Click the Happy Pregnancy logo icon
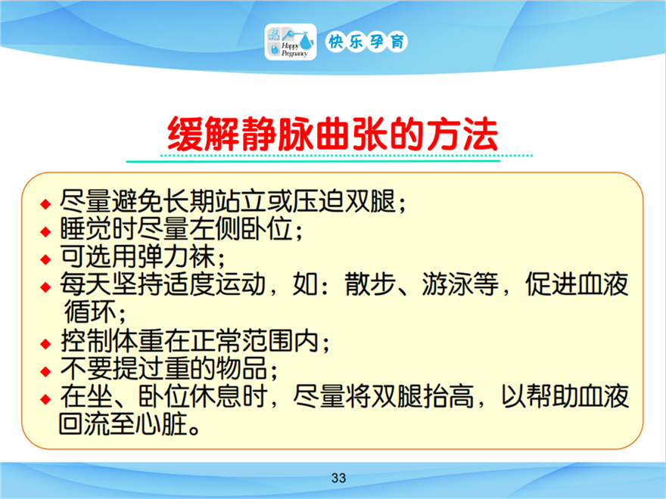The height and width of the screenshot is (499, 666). (291, 42)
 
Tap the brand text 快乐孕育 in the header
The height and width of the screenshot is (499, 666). (366, 42)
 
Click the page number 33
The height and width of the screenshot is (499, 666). (338, 478)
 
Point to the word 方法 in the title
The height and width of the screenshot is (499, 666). (462, 134)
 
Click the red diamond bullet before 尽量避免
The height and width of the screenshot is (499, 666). (45, 204)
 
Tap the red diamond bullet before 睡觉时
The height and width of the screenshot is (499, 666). (45, 231)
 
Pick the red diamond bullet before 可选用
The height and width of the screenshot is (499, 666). (45, 259)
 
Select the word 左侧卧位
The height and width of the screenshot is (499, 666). (240, 228)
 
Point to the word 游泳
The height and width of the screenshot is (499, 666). (447, 284)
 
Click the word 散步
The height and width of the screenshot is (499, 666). (370, 284)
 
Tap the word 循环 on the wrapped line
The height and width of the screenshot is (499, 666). (90, 311)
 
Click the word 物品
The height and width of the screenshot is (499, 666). (241, 368)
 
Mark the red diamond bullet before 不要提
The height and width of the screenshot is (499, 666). (45, 372)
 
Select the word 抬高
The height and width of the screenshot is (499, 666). (448, 396)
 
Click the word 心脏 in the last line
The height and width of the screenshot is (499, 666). (162, 424)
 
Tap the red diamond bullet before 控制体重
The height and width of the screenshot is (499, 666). (45, 344)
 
